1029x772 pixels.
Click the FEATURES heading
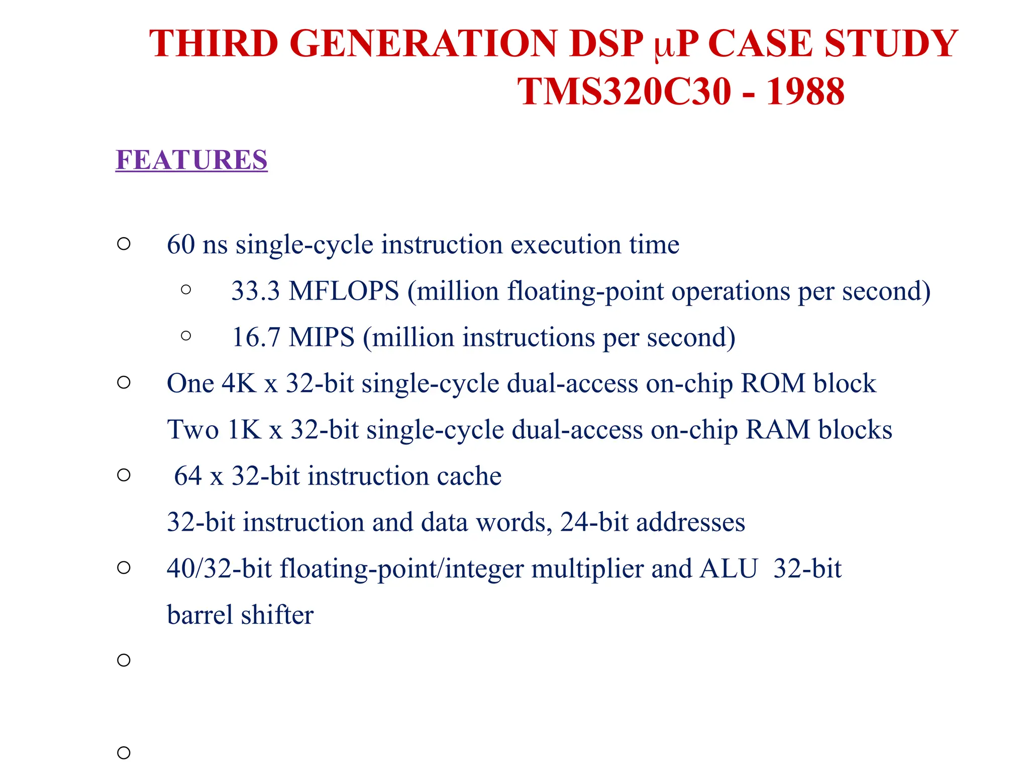(x=191, y=160)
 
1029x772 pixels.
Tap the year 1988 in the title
(x=805, y=91)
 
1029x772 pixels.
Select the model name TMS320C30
(x=624, y=91)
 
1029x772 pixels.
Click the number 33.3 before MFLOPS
(x=255, y=291)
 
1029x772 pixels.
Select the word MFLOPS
(x=344, y=291)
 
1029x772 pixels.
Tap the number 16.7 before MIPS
(x=255, y=337)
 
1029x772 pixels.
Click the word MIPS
(x=322, y=337)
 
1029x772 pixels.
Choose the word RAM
(x=777, y=430)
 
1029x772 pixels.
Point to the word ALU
(x=729, y=569)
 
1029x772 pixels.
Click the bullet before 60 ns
(x=124, y=244)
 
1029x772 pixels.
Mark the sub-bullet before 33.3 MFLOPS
(x=186, y=289)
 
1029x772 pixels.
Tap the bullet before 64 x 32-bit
(x=124, y=475)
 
